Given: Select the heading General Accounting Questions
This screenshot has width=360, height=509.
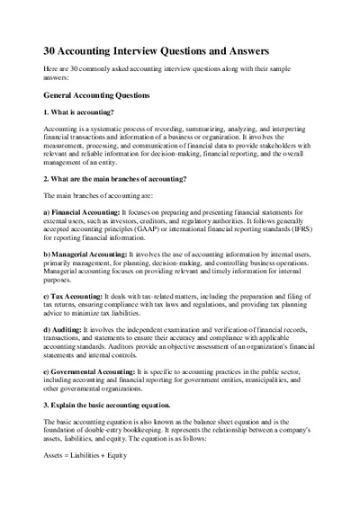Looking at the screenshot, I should point(103,94).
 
